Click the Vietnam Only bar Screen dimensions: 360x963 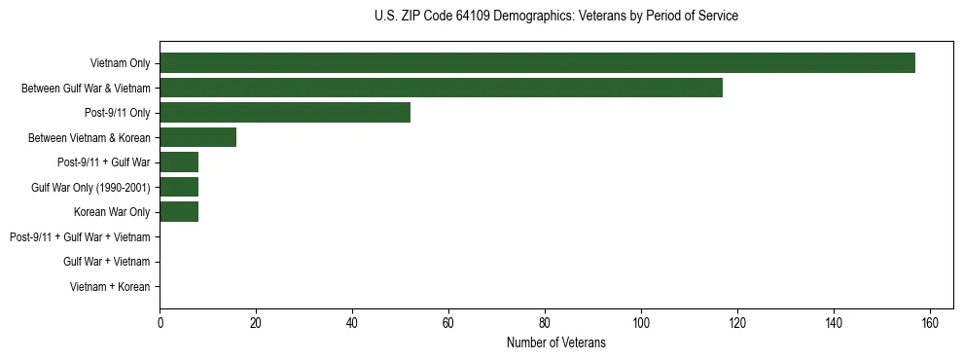pos(537,62)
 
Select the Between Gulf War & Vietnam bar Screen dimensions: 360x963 pos(441,88)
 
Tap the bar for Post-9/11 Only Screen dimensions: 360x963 pos(285,112)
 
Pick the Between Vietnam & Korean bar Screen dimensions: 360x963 pos(197,137)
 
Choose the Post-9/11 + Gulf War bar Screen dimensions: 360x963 pos(179,162)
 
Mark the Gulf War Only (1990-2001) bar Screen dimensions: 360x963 pos(179,187)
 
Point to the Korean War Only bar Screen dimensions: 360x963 pos(179,211)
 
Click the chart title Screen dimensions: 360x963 pos(555,17)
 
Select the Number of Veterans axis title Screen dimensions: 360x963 pos(555,342)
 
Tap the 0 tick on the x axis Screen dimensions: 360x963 pos(160,322)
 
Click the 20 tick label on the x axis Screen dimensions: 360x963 pos(256,322)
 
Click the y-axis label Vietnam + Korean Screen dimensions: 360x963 pos(110,286)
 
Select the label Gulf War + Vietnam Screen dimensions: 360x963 pos(107,262)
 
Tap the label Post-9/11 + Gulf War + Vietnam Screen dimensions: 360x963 pos(80,236)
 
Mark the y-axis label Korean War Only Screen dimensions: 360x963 pos(112,211)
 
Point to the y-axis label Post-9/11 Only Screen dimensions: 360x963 pos(117,112)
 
